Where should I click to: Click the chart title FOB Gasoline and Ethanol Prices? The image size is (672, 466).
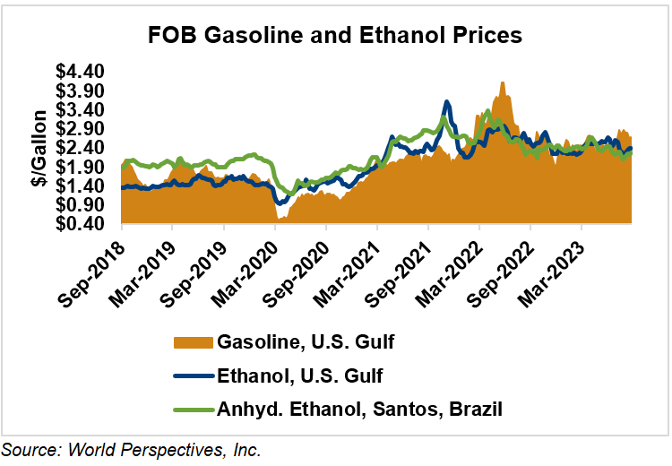tap(335, 37)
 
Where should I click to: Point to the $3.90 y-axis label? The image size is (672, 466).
tap(82, 91)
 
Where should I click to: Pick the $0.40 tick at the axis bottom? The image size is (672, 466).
tap(82, 224)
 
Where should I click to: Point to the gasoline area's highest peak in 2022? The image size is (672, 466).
tap(503, 83)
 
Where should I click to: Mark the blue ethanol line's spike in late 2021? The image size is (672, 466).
tap(446, 102)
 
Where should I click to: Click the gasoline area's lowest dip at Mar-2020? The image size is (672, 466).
tap(280, 217)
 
